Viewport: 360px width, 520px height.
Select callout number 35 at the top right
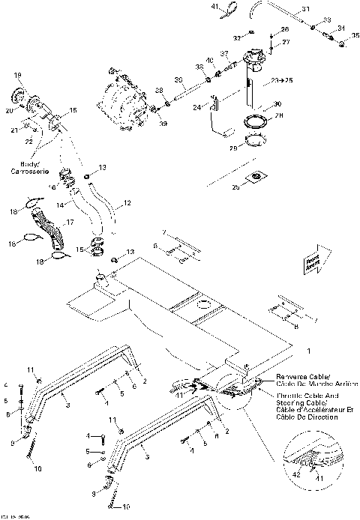pyautogui.click(x=355, y=35)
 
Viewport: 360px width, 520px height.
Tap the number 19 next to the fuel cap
pyautogui.click(x=17, y=76)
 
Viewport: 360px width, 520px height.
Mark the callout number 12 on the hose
pyautogui.click(x=127, y=203)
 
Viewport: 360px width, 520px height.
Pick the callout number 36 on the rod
pyautogui.click(x=178, y=80)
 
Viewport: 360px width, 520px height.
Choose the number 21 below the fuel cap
pyautogui.click(x=14, y=129)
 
